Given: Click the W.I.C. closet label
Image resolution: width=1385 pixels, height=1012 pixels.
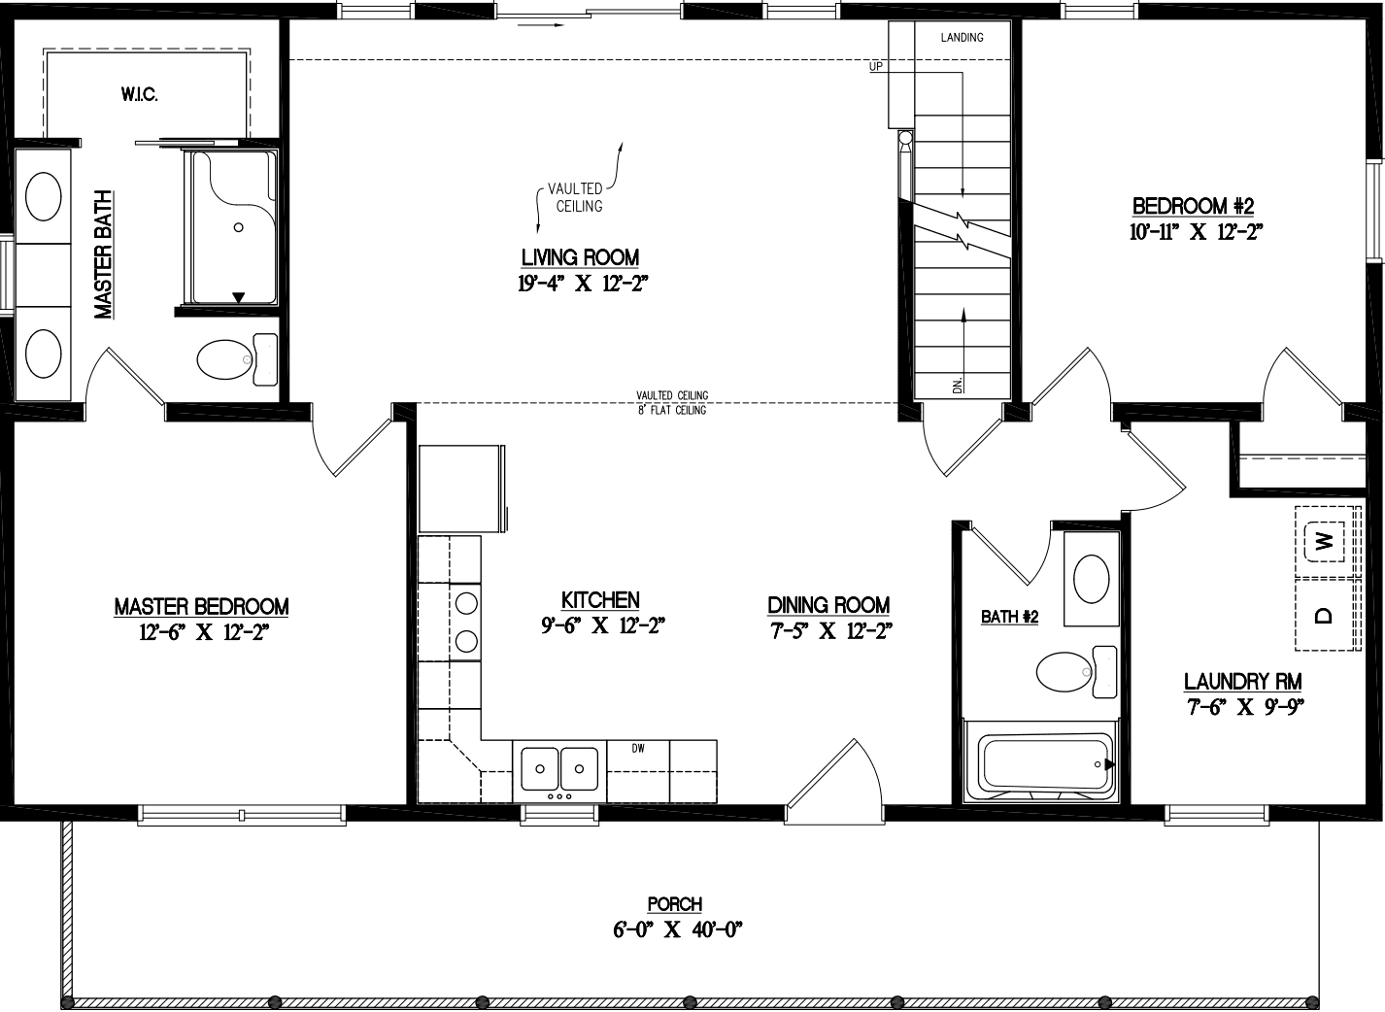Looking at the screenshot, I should click(140, 94).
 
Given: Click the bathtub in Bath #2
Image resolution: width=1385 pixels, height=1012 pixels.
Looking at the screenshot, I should click(1045, 764).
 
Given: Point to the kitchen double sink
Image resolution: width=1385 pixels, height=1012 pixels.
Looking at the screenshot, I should click(558, 768).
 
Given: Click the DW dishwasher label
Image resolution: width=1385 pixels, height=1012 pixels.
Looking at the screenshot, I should click(638, 748).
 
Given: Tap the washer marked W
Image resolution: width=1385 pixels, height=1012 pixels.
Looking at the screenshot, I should click(1322, 540).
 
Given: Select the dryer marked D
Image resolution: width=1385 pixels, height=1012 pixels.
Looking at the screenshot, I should click(1322, 614).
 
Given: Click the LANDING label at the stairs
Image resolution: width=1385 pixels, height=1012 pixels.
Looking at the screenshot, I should click(962, 38).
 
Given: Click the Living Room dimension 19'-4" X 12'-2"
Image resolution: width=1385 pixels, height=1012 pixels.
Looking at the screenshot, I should click(582, 284).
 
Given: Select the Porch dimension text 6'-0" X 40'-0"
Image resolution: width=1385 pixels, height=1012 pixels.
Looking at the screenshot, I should click(677, 929).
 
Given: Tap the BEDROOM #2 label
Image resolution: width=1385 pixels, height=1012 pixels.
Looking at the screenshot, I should click(1193, 206).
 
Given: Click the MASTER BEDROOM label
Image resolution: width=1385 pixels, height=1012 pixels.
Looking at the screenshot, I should click(201, 607).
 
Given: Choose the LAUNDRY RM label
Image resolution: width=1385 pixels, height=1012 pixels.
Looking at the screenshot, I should click(1242, 682).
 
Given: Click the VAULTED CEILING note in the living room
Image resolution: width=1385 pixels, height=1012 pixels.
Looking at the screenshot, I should click(578, 197).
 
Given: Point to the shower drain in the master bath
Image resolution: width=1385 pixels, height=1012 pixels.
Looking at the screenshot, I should click(238, 227).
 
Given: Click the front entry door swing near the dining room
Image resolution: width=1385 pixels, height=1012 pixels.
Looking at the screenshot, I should click(835, 777).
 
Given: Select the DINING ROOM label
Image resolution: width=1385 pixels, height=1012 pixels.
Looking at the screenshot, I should click(828, 605).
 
